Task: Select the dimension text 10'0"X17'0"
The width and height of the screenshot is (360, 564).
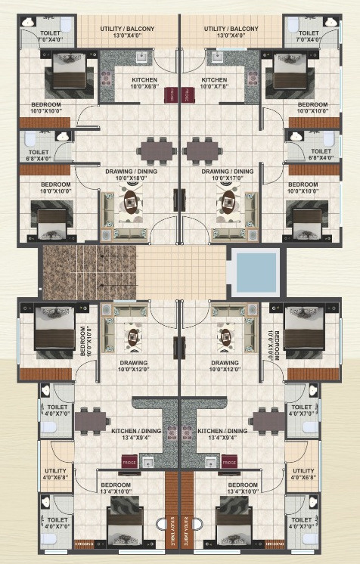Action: (x=228, y=180)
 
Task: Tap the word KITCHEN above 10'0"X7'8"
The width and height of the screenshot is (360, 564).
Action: (x=214, y=80)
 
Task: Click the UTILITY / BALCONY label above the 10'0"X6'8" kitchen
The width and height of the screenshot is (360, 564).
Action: (x=128, y=29)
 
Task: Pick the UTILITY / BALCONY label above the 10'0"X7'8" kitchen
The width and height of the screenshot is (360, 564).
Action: (x=231, y=29)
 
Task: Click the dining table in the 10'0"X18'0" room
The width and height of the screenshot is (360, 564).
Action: (x=157, y=150)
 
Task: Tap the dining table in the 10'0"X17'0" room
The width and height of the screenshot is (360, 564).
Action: (x=202, y=150)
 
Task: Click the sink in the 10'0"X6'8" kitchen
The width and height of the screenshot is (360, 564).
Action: (x=141, y=57)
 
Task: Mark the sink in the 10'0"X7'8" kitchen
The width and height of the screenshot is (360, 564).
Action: (x=218, y=57)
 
